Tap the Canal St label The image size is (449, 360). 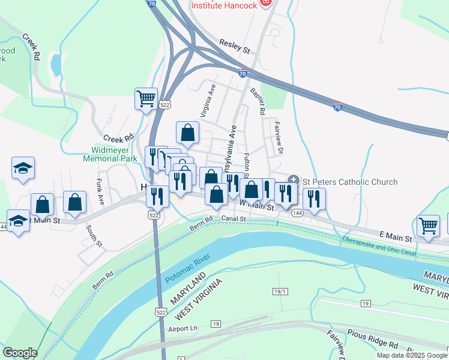click(234, 218)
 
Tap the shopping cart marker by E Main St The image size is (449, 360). click(428, 226)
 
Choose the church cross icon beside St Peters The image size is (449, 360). click(294, 179)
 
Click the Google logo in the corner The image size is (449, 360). click(20, 353)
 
